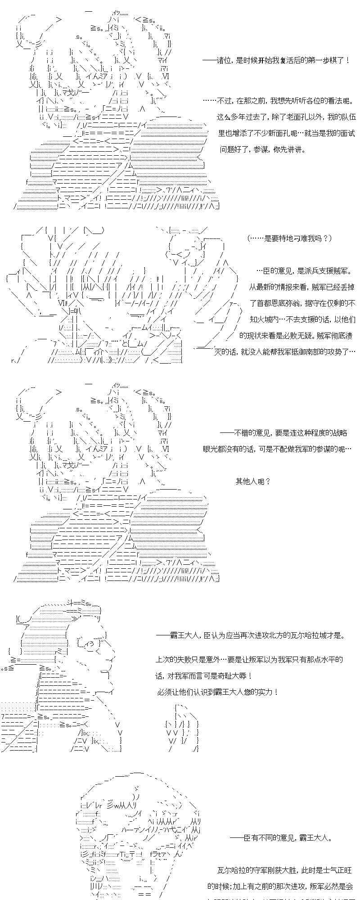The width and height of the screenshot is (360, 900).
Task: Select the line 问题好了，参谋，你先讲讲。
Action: (x=262, y=149)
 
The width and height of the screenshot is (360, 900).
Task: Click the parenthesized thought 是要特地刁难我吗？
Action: (x=290, y=238)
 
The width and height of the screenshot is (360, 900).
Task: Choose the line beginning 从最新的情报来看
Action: (x=301, y=287)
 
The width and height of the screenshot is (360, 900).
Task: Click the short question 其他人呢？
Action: (x=253, y=481)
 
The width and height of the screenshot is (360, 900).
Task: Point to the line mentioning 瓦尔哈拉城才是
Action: (x=251, y=635)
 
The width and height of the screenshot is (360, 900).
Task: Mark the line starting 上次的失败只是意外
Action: (x=249, y=660)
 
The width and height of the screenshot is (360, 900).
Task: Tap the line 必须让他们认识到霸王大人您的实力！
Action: (x=218, y=692)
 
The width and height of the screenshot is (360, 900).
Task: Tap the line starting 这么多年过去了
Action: (x=286, y=117)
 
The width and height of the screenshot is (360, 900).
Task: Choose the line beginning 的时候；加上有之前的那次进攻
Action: (x=280, y=886)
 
